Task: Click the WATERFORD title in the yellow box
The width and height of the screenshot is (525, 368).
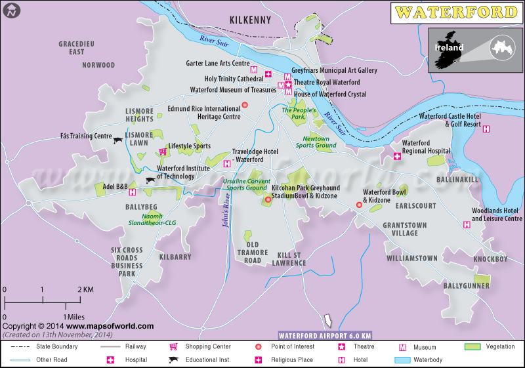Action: point(457,12)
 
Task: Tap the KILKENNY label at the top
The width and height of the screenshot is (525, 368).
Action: point(250,20)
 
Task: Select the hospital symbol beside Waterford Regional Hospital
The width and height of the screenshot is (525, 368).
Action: point(397,156)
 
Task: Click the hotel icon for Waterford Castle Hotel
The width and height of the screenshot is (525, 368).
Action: point(486,129)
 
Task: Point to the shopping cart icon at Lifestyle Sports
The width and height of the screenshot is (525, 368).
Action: point(163,152)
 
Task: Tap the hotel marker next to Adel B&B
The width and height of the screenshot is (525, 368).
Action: point(132,192)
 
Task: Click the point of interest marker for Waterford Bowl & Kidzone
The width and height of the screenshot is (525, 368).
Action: point(359,205)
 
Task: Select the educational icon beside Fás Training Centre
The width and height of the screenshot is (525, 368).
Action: point(118,140)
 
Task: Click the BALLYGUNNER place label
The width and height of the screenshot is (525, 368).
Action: point(466,286)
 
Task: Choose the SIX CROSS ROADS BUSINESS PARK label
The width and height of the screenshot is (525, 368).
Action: point(127,262)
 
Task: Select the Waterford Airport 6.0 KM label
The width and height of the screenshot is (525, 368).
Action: point(325,335)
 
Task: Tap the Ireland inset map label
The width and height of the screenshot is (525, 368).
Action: point(448,47)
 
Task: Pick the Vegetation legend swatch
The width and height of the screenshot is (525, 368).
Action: point(473,346)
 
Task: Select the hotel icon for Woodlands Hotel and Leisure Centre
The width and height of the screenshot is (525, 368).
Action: point(467,224)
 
